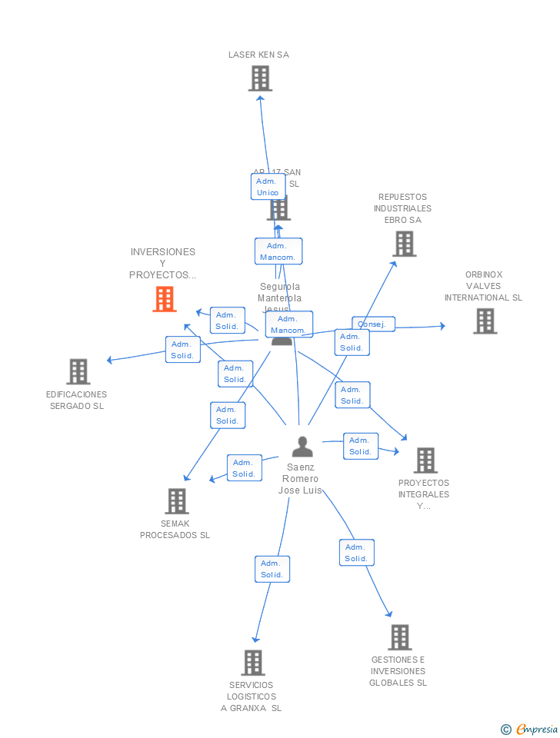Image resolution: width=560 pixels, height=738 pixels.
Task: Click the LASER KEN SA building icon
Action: coord(260,78)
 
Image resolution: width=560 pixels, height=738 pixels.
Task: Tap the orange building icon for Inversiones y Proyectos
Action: coord(164,299)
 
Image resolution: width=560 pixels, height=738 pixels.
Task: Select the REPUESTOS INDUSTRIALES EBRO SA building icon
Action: coord(404,244)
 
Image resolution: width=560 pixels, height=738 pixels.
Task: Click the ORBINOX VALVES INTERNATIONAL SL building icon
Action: coord(485,321)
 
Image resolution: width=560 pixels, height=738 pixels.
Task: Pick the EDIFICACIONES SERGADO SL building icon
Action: coord(78,371)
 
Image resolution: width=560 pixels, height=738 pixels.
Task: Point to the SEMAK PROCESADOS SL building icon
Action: coord(177,501)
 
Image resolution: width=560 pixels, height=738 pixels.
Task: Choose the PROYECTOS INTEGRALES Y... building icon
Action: coord(425,460)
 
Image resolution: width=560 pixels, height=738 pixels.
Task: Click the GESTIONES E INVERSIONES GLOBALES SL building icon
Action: coord(399,637)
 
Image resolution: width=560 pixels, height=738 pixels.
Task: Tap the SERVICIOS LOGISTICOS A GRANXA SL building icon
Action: coord(252,663)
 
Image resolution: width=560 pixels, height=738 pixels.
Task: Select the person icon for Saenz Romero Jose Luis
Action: coord(302,447)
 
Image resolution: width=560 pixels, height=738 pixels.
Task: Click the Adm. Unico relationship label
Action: coord(268,187)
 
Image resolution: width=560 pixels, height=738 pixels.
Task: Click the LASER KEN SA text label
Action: coord(258,55)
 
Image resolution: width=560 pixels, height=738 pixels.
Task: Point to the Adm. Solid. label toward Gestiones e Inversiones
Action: coord(356,553)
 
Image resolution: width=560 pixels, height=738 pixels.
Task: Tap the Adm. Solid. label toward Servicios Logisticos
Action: coord(272,569)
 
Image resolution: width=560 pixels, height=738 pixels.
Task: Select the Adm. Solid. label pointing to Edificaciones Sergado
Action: coord(182,350)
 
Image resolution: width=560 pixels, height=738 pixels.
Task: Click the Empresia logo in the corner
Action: coord(530,729)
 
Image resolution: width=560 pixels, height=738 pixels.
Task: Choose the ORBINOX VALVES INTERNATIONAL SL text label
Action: coord(483,286)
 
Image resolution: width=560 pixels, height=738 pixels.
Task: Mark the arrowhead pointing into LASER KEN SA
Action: coord(260,98)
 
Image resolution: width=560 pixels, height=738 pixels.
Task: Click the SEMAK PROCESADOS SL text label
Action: coord(175,530)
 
